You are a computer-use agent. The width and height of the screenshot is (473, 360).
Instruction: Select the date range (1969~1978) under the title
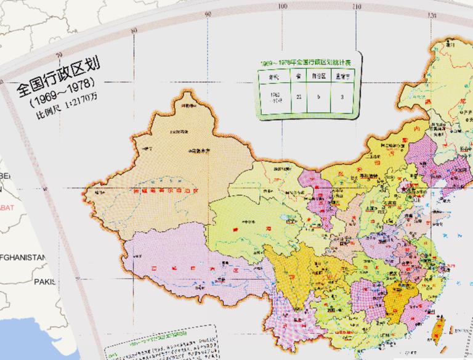pos(61,99)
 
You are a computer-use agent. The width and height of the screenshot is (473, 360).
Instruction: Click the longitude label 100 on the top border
pos(283,7)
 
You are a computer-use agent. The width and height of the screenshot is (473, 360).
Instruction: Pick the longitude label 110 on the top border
pos(357,7)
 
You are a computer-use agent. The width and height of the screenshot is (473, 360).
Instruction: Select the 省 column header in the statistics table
pos(298,76)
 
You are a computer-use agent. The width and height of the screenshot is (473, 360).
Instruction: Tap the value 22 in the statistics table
pos(298,96)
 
